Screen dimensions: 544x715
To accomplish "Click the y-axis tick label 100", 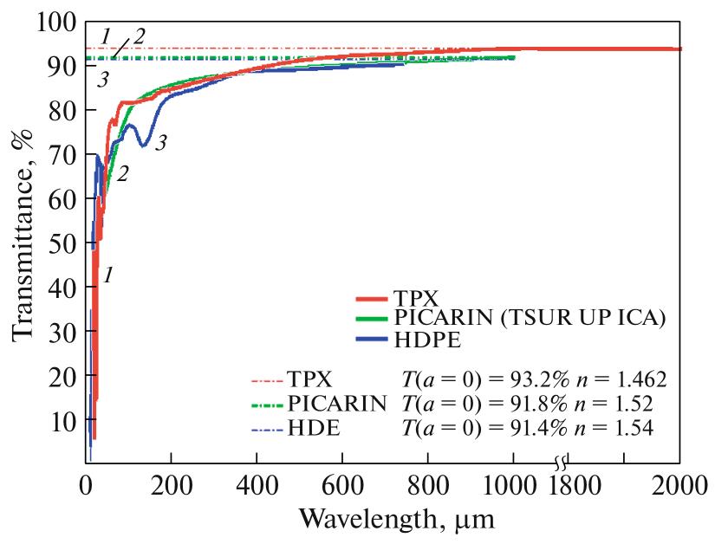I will [57, 22].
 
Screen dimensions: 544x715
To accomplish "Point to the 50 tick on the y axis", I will [62, 243].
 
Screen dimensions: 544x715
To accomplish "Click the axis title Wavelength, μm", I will [398, 520].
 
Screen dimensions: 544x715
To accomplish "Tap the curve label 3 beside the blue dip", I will [160, 142].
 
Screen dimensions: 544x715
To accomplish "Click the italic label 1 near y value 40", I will [107, 276].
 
